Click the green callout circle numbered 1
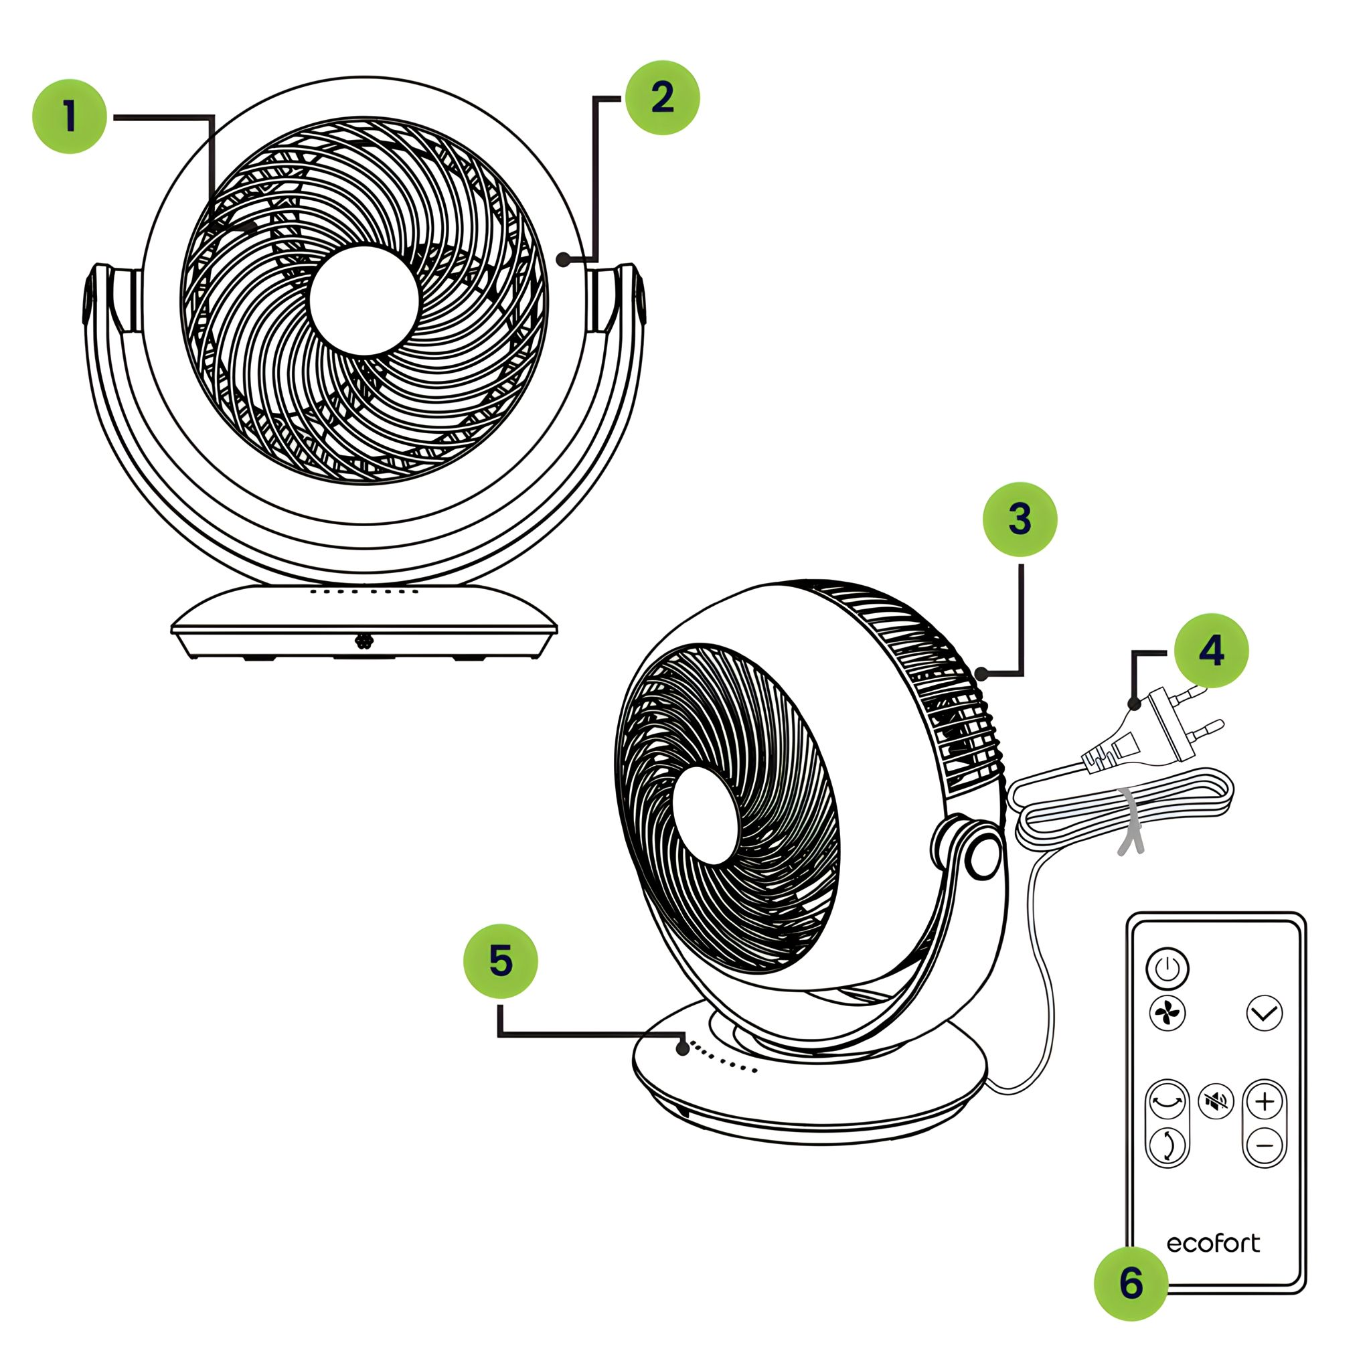point(70,116)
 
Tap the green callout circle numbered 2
point(662,97)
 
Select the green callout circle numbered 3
point(1020,519)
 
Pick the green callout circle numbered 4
point(1211,650)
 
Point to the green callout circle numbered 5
point(500,961)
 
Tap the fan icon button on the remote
point(1167,1013)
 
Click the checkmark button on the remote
point(1265,1013)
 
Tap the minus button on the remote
point(1265,1145)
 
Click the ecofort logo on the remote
point(1214,1243)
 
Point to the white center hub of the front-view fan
point(364,301)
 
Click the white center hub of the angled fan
point(707,815)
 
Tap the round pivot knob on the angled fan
point(984,858)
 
